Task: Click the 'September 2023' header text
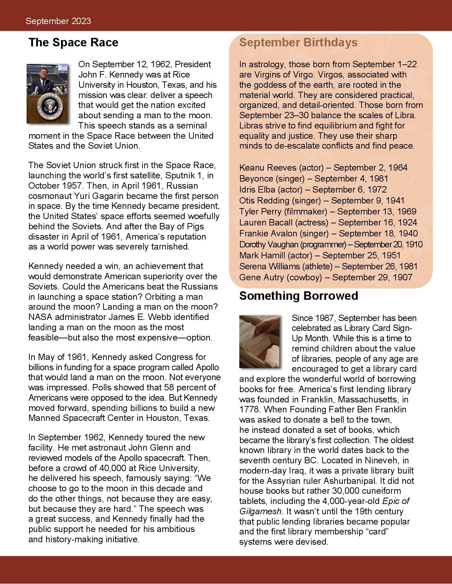point(58,21)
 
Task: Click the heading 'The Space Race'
point(73,42)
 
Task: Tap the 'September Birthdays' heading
point(298,42)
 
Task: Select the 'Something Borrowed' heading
point(298,296)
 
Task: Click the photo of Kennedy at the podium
point(48,93)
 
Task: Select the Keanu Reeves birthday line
point(323,167)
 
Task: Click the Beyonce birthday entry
point(313,178)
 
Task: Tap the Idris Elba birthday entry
point(313,189)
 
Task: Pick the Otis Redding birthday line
point(322,200)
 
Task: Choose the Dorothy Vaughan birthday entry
point(330,244)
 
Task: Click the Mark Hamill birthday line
point(319,255)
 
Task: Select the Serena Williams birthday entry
point(328,266)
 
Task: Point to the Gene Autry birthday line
point(325,277)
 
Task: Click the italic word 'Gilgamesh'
point(260,511)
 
